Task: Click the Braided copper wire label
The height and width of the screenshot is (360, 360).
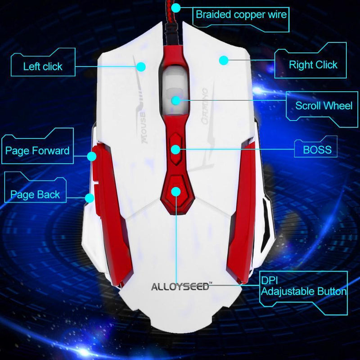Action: [x=241, y=14]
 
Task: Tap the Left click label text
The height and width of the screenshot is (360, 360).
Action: [x=43, y=67]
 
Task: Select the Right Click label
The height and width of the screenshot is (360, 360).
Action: [x=313, y=65]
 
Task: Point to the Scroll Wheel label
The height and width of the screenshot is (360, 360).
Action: [x=324, y=106]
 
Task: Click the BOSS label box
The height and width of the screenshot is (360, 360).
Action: [x=317, y=149]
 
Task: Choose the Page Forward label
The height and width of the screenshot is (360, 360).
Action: [x=37, y=150]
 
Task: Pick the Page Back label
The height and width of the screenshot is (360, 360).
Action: [x=35, y=195]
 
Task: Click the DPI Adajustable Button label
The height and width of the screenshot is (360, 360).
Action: [x=304, y=286]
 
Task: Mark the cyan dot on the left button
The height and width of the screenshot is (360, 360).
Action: [x=141, y=67]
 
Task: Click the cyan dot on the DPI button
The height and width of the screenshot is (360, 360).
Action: [x=176, y=192]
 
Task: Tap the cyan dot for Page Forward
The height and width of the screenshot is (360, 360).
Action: [x=92, y=156]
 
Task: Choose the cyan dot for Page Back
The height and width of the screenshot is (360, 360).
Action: [x=90, y=197]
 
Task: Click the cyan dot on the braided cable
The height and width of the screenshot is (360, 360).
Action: [x=176, y=7]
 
